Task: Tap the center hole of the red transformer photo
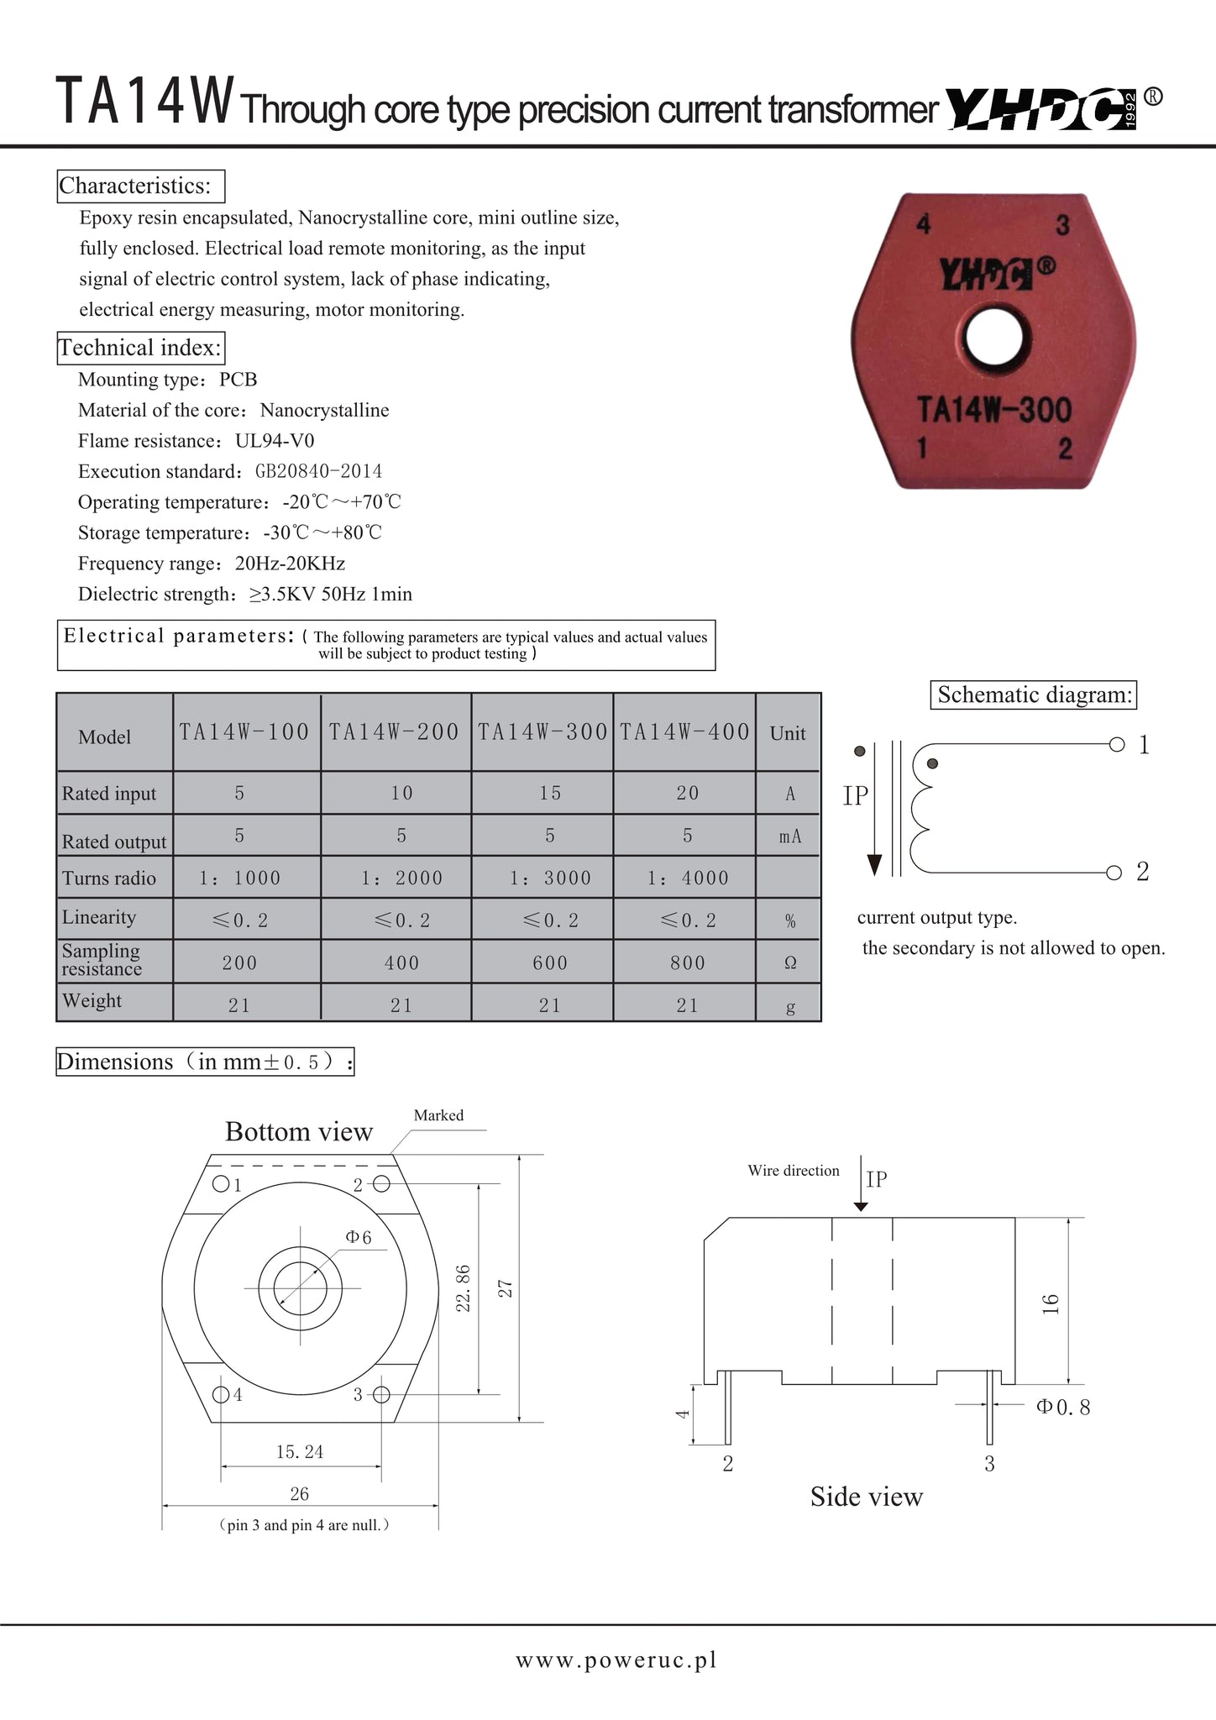click(x=993, y=338)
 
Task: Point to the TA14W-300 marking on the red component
click(x=993, y=411)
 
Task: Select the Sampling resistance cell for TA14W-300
click(x=550, y=963)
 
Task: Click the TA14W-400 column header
click(x=684, y=732)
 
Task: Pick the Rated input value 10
click(x=401, y=794)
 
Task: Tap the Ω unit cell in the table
click(x=789, y=963)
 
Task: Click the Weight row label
click(x=92, y=1001)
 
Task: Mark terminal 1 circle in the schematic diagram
click(x=1117, y=744)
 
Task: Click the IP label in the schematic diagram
click(x=855, y=796)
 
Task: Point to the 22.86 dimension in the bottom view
click(x=462, y=1288)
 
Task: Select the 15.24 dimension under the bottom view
click(x=300, y=1452)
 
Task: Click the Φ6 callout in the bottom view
click(x=358, y=1237)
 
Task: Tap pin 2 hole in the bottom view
click(x=381, y=1184)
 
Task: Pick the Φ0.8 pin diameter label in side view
click(x=1063, y=1408)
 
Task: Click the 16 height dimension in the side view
click(x=1051, y=1303)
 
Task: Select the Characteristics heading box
click(x=141, y=186)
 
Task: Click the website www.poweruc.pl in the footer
click(x=616, y=1660)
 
